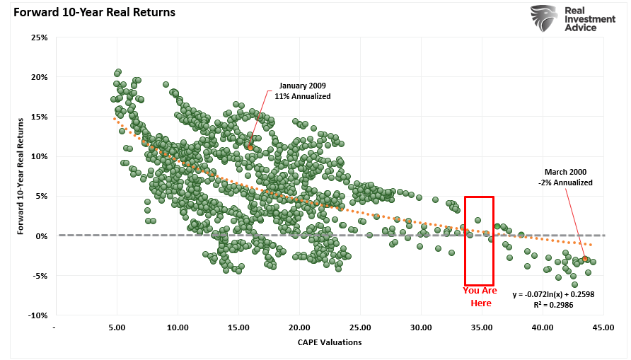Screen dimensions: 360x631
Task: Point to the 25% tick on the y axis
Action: click(x=40, y=37)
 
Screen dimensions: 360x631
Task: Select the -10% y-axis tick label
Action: click(x=37, y=315)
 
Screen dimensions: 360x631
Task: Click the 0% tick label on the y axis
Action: click(x=42, y=236)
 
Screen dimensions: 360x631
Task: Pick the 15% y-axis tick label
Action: click(x=40, y=117)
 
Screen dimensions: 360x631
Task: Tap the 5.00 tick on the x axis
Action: click(x=117, y=327)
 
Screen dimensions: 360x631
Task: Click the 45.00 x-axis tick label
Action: click(x=604, y=327)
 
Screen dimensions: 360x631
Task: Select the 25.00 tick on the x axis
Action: click(x=361, y=327)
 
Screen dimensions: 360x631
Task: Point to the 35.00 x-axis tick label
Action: click(x=482, y=327)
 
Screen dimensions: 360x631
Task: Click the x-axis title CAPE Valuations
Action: click(x=330, y=342)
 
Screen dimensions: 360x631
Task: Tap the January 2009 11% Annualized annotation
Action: click(x=303, y=91)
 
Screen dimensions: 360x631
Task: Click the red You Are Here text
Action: click(x=480, y=296)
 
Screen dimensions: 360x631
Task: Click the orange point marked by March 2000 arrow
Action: click(x=586, y=260)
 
